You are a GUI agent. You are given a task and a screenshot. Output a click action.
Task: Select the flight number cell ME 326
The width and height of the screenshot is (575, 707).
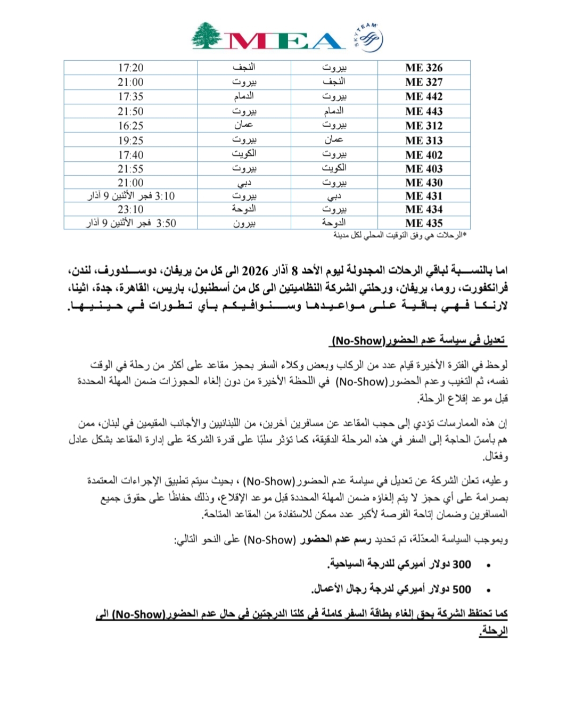(x=424, y=68)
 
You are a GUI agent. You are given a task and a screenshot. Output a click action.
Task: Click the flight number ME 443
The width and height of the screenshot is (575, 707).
(x=424, y=111)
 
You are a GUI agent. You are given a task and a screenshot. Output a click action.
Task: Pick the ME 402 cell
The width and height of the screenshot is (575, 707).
(x=424, y=155)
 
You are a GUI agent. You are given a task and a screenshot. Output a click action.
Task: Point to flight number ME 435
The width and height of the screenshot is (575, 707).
(x=424, y=223)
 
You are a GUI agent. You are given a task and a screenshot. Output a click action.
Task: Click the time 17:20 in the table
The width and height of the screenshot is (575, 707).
(x=130, y=68)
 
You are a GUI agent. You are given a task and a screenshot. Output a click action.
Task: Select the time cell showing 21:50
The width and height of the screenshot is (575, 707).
(x=130, y=111)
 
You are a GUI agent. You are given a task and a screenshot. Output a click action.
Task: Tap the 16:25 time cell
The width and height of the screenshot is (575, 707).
(x=130, y=126)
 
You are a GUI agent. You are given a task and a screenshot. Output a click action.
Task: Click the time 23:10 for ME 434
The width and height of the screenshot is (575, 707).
(x=130, y=209)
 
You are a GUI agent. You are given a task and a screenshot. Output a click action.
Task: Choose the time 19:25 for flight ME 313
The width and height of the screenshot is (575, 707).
(x=130, y=141)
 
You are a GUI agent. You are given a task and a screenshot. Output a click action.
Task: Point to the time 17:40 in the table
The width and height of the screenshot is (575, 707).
(x=130, y=155)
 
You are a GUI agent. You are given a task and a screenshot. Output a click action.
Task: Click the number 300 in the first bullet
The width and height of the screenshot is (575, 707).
(x=462, y=564)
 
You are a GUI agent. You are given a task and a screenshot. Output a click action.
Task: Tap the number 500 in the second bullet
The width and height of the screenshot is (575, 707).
(x=462, y=589)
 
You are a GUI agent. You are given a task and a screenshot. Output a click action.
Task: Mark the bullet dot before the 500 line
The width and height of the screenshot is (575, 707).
(x=488, y=590)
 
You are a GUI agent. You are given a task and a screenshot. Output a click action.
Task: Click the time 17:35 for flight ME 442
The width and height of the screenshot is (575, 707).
(x=130, y=96)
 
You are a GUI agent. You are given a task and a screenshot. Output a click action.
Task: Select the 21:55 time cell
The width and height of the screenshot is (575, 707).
(x=130, y=169)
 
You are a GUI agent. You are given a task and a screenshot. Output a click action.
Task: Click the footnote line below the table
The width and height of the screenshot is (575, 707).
(x=399, y=235)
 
